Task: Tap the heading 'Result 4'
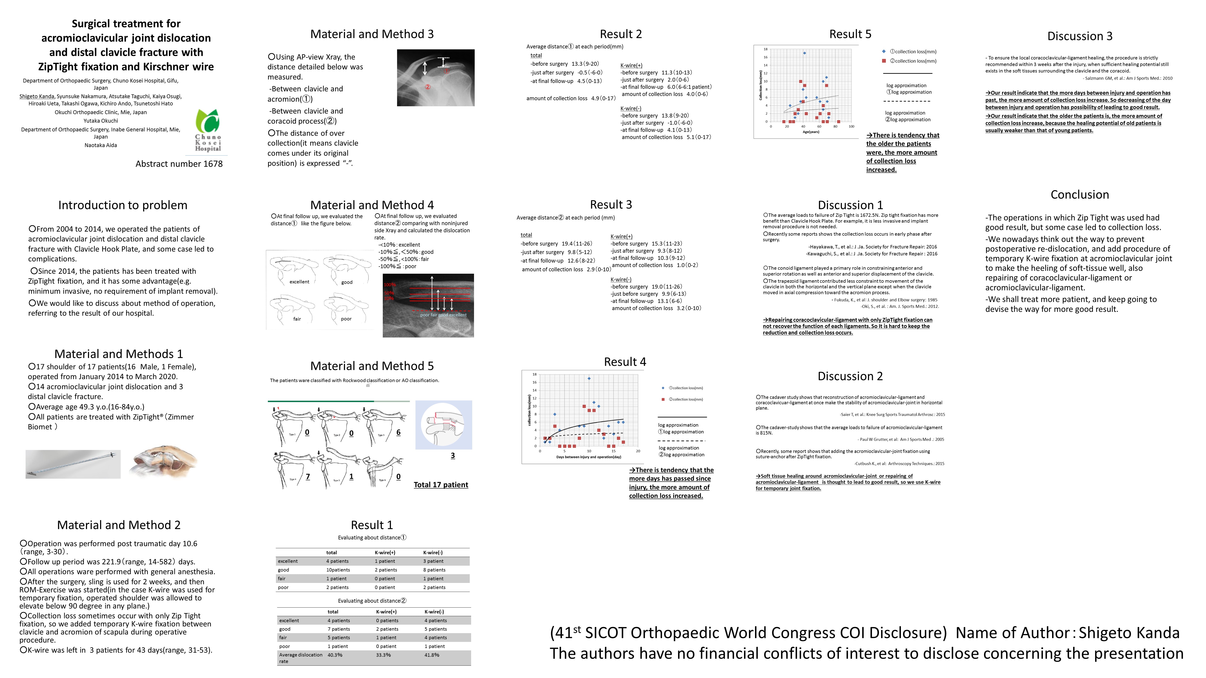coord(625,362)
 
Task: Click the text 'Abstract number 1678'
coord(179,164)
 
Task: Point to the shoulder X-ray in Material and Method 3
coord(435,78)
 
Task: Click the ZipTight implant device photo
coord(73,464)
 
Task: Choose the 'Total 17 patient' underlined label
coord(441,485)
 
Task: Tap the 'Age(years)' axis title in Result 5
coord(811,132)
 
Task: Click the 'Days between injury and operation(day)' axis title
coord(588,457)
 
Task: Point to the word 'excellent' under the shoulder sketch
coord(299,282)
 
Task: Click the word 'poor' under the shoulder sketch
coord(346,319)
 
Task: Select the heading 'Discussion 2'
coord(850,376)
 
